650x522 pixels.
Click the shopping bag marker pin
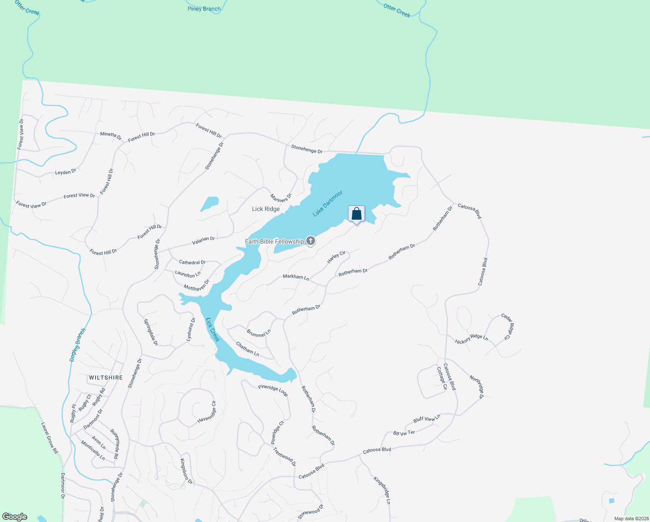point(356,214)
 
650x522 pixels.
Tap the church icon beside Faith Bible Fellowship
point(311,241)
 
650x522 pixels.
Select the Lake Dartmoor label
point(328,203)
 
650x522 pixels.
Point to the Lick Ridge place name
point(266,209)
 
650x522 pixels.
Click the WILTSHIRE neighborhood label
point(106,378)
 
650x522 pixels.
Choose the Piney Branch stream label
point(204,9)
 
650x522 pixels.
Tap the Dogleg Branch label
point(78,345)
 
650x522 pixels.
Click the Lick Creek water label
point(213,330)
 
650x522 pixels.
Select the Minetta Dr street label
point(111,135)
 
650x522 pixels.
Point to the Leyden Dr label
point(66,172)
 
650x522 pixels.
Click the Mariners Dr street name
point(281,198)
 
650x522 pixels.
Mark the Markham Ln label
point(296,277)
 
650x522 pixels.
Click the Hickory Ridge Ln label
point(471,339)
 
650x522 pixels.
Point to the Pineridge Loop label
point(273,390)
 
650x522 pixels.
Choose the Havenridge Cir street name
point(207,412)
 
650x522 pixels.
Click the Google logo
point(15,517)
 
